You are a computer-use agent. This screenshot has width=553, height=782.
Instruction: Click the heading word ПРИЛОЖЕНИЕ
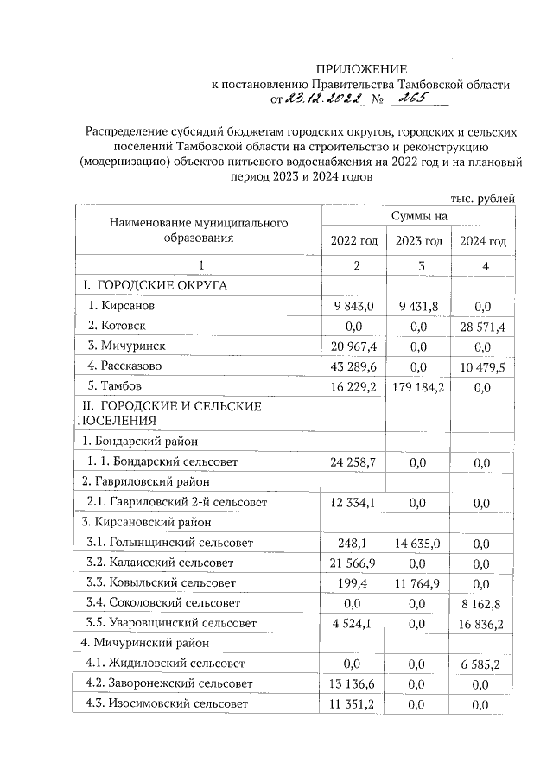click(360, 69)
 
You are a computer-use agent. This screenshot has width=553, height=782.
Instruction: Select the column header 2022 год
click(354, 241)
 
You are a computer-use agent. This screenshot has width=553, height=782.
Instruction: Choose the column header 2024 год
click(483, 241)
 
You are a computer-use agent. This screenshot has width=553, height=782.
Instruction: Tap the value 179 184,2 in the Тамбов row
click(418, 385)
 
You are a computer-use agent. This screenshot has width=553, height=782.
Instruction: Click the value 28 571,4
click(483, 326)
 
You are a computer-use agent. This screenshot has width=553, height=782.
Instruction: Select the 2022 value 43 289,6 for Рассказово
click(354, 366)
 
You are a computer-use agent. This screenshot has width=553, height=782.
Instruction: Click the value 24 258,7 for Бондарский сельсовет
click(354, 462)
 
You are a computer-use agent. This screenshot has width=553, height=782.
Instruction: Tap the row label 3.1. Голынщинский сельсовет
click(169, 543)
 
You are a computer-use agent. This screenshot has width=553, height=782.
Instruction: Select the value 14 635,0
click(418, 543)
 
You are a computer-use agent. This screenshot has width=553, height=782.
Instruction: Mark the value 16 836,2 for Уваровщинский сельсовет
click(483, 623)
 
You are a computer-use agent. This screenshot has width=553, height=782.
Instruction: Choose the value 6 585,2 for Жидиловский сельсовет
click(483, 664)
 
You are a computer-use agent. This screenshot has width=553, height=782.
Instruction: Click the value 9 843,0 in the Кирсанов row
click(354, 306)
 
